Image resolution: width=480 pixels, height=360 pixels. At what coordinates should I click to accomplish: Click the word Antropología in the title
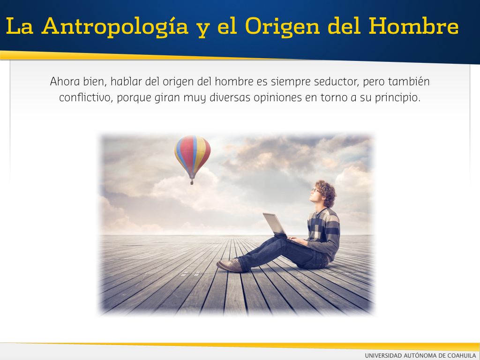coord(115,26)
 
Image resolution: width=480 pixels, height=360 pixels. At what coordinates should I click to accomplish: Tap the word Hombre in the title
coord(413,26)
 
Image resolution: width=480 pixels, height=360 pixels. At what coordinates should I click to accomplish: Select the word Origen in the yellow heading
coord(282,27)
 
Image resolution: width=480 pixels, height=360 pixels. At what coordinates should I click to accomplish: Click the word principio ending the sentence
coord(397,98)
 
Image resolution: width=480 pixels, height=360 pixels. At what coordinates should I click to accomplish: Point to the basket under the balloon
coord(192,182)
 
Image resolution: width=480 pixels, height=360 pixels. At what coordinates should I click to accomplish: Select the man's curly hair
coord(327,192)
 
